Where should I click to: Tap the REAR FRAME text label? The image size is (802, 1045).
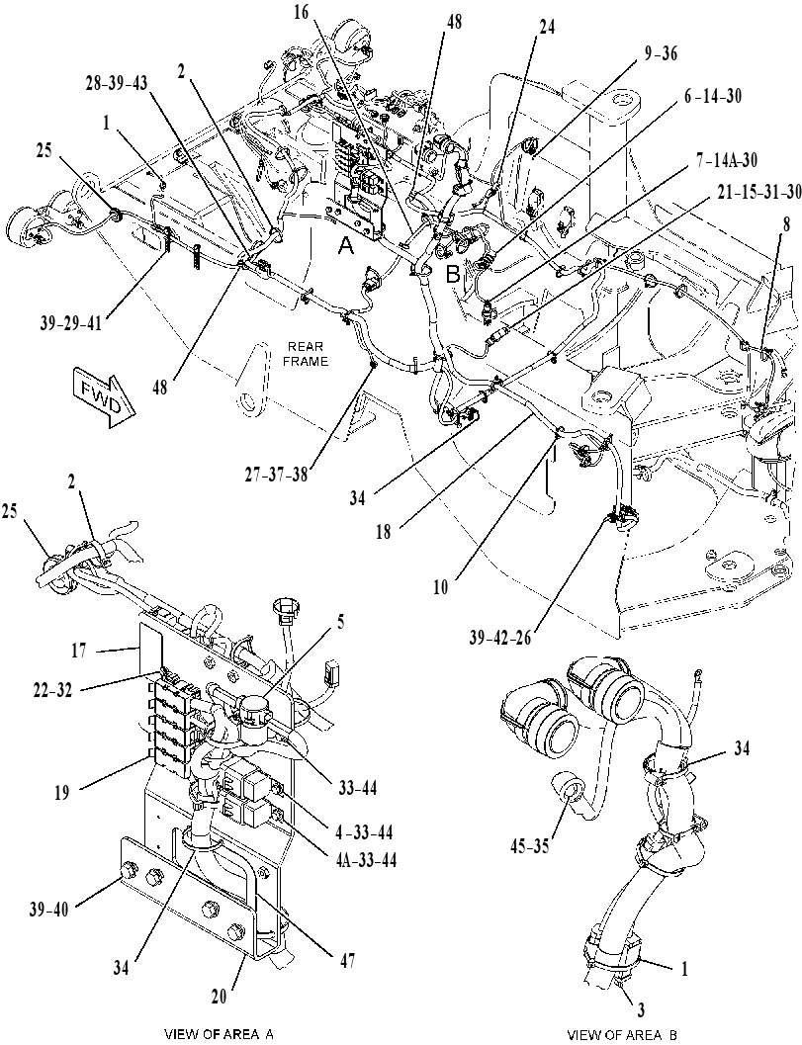[308, 354]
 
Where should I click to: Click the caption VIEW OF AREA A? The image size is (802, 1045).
[220, 1034]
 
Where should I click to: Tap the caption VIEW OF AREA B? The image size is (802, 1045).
[622, 1034]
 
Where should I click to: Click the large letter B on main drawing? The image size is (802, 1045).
[453, 275]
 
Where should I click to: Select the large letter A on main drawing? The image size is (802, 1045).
[345, 247]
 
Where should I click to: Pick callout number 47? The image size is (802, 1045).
[347, 960]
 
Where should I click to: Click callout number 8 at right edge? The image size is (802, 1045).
[786, 225]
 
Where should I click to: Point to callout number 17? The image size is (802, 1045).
[79, 650]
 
